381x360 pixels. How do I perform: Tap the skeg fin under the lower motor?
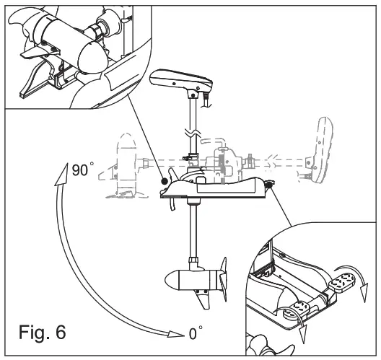(x=204, y=299)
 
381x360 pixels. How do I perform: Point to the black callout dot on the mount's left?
(x=165, y=181)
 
